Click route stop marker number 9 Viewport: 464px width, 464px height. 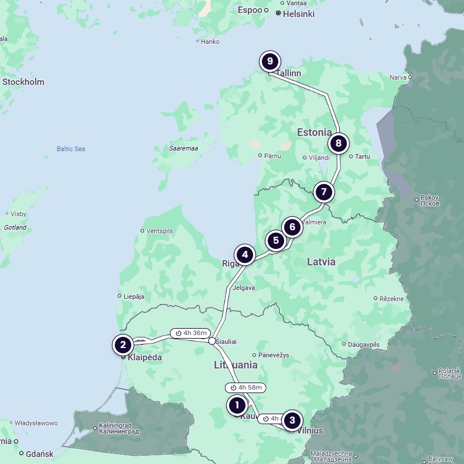tap(270, 61)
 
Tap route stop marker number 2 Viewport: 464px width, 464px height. tap(123, 345)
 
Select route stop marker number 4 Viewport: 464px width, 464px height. tap(245, 255)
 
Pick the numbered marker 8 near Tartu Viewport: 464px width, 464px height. tap(338, 143)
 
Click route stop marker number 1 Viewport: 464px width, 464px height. tap(237, 405)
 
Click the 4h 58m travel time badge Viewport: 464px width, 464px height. tap(245, 387)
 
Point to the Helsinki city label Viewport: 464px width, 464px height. tap(298, 14)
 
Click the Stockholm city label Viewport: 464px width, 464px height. tap(23, 82)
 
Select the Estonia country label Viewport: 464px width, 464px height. tap(314, 132)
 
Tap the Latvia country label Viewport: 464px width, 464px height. tap(321, 262)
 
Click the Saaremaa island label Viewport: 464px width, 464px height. tap(183, 149)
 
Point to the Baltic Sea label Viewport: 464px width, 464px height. tap(71, 149)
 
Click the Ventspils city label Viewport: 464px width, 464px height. tap(160, 231)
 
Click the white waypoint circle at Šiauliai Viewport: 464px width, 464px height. tap(212, 340)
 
